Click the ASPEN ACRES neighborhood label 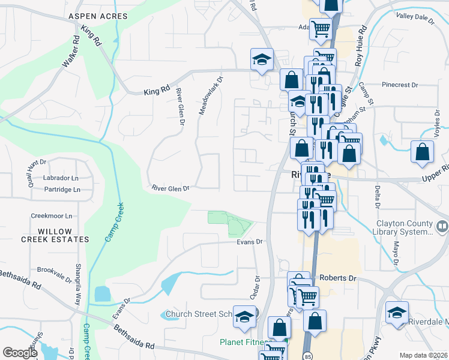click(98, 16)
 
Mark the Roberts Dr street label click(338, 278)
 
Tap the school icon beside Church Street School click(244, 317)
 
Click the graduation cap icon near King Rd click(262, 59)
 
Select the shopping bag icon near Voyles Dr click(422, 152)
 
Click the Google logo click(20, 353)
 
